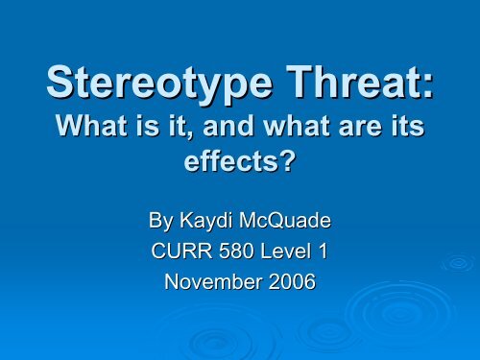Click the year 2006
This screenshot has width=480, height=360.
pos(292,284)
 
